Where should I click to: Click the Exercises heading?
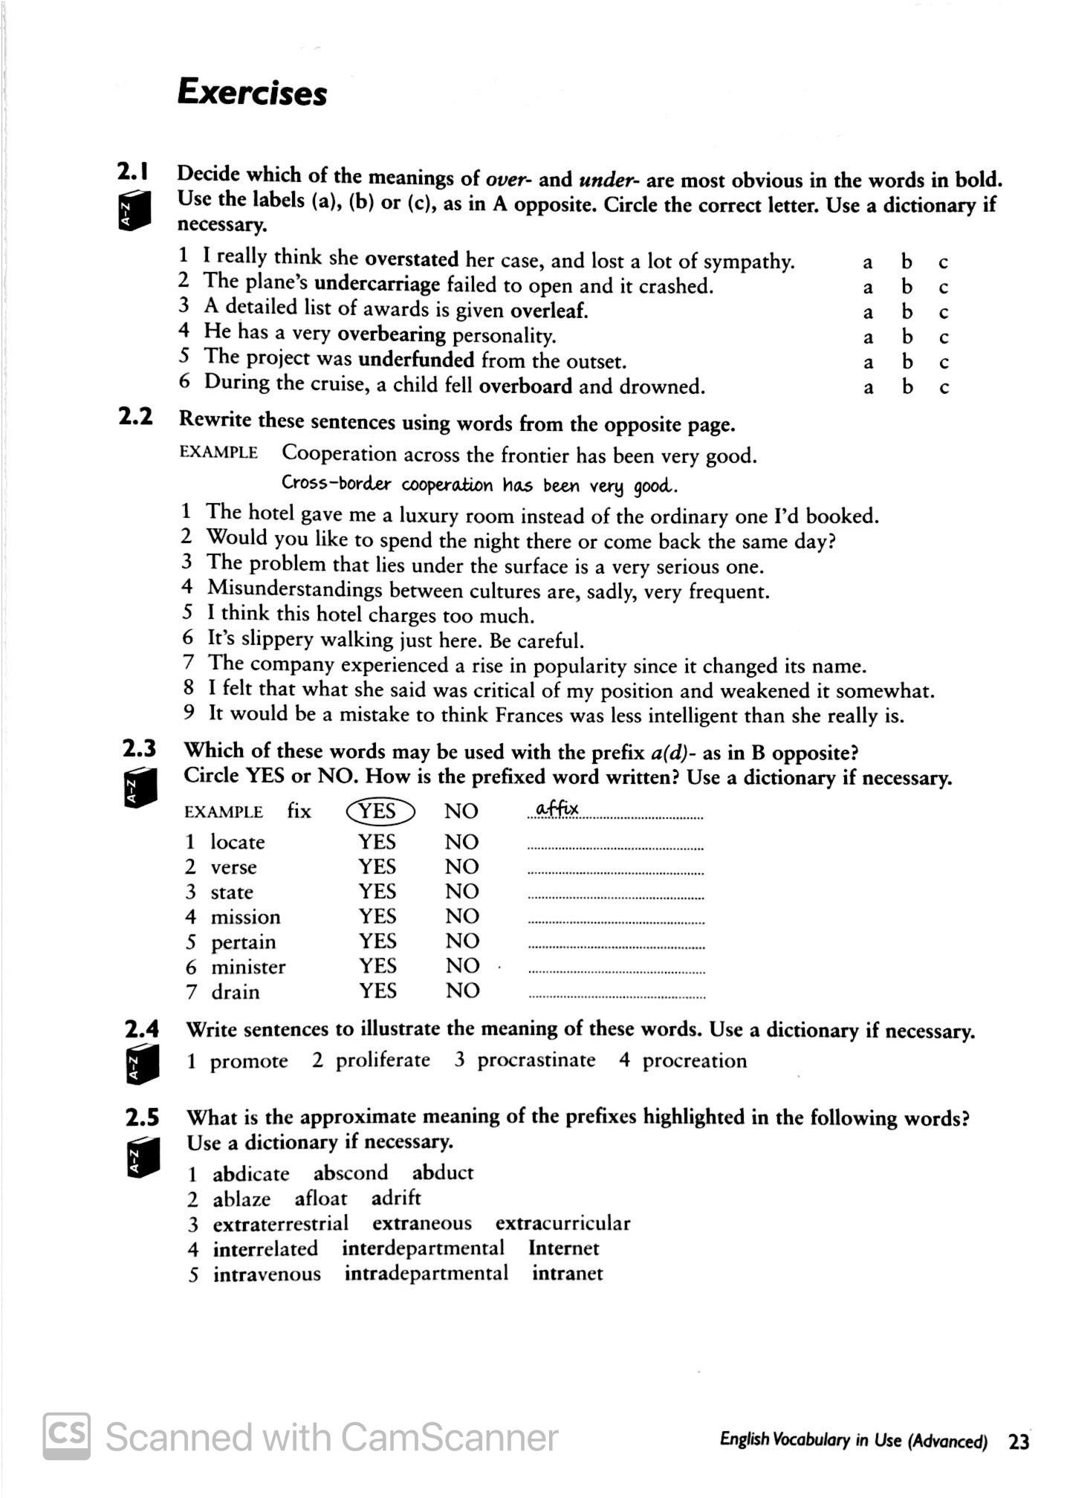click(252, 94)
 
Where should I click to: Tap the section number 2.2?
click(136, 417)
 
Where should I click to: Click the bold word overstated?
click(412, 259)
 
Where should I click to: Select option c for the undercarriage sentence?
click(944, 288)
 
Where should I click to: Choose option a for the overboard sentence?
click(868, 388)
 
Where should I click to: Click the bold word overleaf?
click(548, 310)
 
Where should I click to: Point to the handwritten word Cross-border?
click(336, 484)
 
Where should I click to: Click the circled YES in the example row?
click(380, 811)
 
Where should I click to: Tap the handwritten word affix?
click(557, 808)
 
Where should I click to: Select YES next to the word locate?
click(377, 842)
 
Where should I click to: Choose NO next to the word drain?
click(461, 990)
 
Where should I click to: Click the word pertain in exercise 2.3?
click(243, 942)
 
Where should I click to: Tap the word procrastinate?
click(536, 1060)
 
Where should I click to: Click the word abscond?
click(350, 1173)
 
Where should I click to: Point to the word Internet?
click(563, 1248)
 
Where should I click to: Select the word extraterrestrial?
click(280, 1224)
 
